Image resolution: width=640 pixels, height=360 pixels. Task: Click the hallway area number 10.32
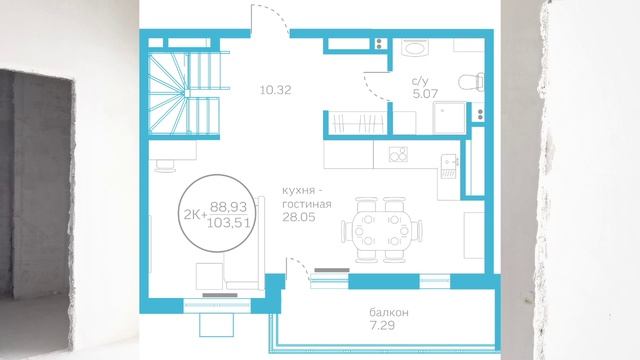point(276,90)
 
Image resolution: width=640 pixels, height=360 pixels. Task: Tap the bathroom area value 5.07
point(425,93)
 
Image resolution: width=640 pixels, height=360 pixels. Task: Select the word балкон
point(389,313)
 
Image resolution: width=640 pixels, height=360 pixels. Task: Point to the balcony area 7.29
point(382,326)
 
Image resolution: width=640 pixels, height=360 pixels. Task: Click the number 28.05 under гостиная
point(299,217)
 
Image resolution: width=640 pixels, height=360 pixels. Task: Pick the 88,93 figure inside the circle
point(229,207)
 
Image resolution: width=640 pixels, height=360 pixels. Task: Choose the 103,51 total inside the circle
point(229,223)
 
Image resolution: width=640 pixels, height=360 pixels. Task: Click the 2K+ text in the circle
point(196,215)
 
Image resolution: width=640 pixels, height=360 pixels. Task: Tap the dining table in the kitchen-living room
point(381,230)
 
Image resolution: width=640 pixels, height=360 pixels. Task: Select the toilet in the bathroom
point(471,82)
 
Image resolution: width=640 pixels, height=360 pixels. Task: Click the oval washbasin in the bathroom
point(415,48)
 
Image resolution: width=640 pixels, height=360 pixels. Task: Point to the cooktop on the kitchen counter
point(398,154)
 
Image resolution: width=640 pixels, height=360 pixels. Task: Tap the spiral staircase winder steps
point(168,94)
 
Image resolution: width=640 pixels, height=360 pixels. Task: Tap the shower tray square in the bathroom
point(449,118)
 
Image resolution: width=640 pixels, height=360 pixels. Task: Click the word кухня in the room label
point(299,191)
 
